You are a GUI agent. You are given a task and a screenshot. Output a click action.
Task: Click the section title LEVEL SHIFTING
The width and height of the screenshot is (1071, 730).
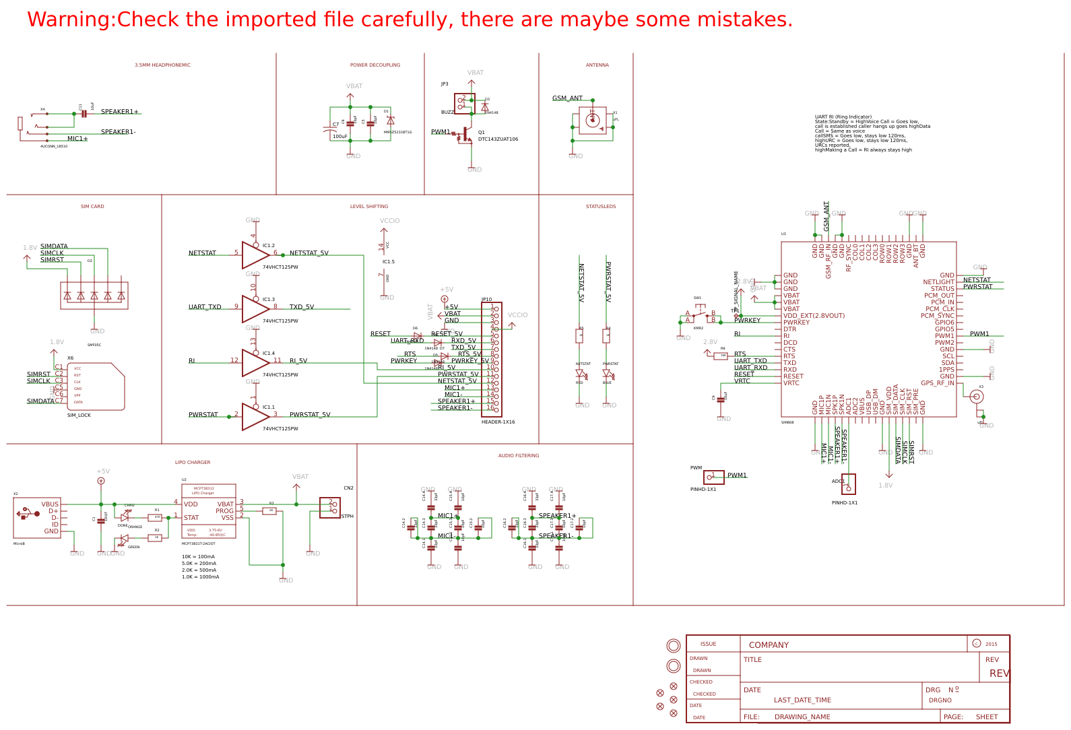pyautogui.click(x=368, y=207)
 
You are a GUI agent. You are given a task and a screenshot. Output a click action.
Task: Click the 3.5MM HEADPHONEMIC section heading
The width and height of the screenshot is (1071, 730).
pyautogui.click(x=162, y=65)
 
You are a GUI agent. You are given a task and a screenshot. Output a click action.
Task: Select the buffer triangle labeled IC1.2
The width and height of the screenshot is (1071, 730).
pyautogui.click(x=254, y=255)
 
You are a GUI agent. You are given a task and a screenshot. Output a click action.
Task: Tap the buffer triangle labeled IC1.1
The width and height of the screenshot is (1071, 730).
pyautogui.click(x=254, y=417)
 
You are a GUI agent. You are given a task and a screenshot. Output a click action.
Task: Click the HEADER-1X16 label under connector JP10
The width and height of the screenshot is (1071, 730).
pyautogui.click(x=498, y=422)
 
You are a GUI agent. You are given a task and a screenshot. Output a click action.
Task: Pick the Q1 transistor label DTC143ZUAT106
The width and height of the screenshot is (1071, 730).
pyautogui.click(x=498, y=139)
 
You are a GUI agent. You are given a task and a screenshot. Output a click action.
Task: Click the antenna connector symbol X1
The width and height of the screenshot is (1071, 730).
pyautogui.click(x=593, y=121)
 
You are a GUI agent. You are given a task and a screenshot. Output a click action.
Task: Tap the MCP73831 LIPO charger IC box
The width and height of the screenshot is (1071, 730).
pyautogui.click(x=208, y=510)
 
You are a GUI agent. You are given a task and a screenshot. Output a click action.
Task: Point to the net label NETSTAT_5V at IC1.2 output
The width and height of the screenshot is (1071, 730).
pyautogui.click(x=309, y=253)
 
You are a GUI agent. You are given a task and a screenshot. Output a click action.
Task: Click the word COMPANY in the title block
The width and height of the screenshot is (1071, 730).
pyautogui.click(x=769, y=645)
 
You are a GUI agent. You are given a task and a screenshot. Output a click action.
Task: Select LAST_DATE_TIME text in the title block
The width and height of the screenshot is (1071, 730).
pyautogui.click(x=802, y=700)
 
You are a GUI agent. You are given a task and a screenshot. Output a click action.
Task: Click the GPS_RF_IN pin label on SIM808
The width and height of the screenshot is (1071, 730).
pyautogui.click(x=937, y=383)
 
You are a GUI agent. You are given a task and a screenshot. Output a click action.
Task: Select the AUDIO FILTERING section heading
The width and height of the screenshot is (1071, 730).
pyautogui.click(x=518, y=456)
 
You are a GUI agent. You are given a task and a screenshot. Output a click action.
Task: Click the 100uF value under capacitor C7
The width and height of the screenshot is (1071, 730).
pyautogui.click(x=339, y=137)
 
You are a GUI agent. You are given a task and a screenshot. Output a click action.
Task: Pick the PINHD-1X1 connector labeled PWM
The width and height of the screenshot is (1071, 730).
pyautogui.click(x=713, y=477)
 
